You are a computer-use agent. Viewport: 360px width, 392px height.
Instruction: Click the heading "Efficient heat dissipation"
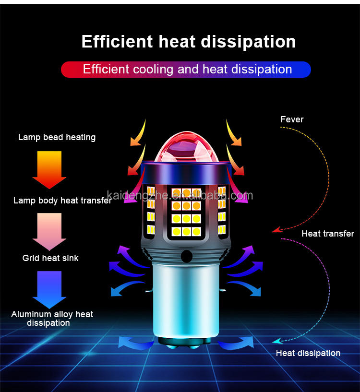pos(188,42)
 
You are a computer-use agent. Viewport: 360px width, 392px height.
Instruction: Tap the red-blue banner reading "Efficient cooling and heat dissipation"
pos(186,69)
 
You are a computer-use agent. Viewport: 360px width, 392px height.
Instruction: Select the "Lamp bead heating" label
pos(57,137)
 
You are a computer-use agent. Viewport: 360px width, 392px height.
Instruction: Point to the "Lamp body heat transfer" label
pos(62,201)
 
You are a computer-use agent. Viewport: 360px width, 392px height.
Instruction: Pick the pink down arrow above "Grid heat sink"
pos(49,231)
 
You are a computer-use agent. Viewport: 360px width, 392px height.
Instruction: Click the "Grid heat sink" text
pos(50,258)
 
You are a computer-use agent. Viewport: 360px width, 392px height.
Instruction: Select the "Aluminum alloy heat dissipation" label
pos(52,319)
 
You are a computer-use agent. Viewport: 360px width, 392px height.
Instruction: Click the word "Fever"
pos(292,119)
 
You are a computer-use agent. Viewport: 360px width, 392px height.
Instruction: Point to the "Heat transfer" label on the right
pos(327,234)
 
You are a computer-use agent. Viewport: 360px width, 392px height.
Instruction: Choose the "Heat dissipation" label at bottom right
pos(308,353)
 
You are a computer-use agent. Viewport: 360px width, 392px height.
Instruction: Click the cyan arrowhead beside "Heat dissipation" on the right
pos(276,342)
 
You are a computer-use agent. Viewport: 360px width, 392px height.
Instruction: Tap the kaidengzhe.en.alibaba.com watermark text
pos(180,195)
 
